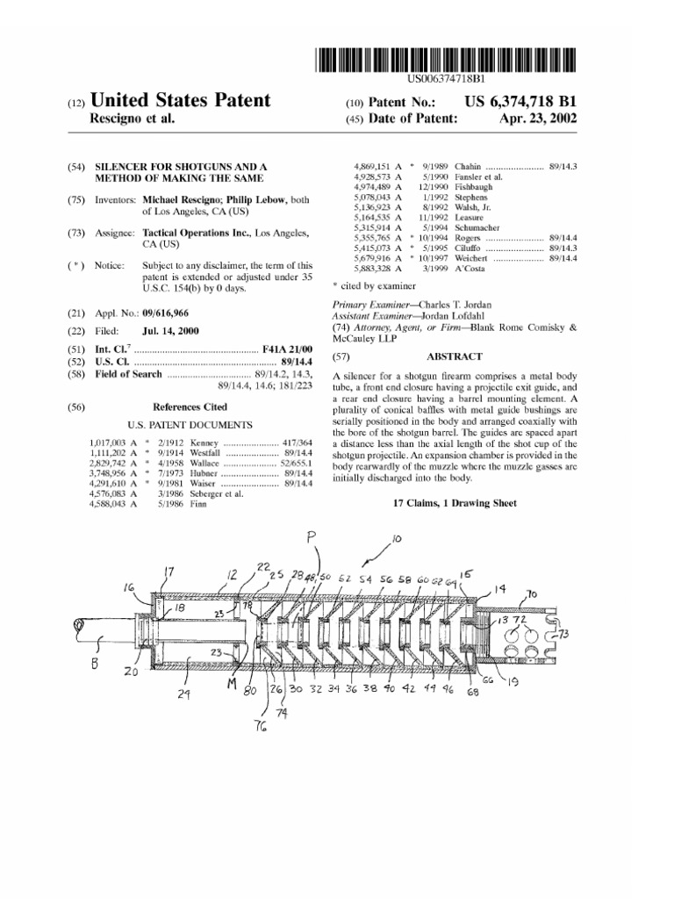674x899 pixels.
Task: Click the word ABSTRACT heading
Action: click(x=454, y=356)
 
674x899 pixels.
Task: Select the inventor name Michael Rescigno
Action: click(x=181, y=200)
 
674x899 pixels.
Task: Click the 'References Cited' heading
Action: click(x=190, y=406)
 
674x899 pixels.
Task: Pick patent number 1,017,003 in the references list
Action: click(x=109, y=443)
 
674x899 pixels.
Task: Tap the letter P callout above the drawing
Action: click(x=312, y=537)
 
